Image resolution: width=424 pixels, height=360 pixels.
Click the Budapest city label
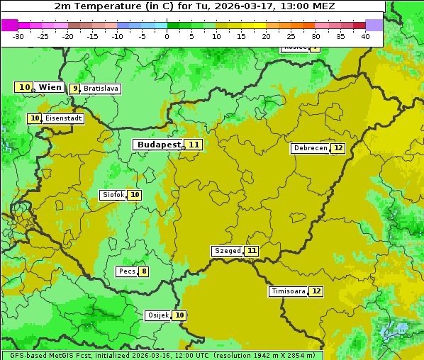coord(159,145)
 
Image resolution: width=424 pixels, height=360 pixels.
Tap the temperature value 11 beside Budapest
coord(194,145)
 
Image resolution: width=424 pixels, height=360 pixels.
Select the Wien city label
coord(50,87)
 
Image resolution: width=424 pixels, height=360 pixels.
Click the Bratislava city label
coord(100,89)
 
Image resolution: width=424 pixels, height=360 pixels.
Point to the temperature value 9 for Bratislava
coord(75,89)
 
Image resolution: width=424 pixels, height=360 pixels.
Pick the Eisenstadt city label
coord(63,118)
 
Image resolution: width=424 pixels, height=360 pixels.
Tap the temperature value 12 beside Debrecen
coord(337,148)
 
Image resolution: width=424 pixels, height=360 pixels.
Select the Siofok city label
coord(113,195)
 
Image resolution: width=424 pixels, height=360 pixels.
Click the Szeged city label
coord(228,251)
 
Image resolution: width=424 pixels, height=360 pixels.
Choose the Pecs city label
coord(128,271)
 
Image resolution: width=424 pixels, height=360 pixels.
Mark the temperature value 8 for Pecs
coord(144,271)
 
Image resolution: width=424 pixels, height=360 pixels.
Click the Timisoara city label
coord(288,291)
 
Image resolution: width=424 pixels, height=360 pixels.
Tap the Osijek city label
coord(158,315)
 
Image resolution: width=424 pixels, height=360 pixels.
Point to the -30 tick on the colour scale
coord(18,36)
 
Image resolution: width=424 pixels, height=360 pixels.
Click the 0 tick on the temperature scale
coord(167,36)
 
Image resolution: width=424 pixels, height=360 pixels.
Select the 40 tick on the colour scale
coord(365,36)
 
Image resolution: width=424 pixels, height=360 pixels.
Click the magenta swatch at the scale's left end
coord(10,25)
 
